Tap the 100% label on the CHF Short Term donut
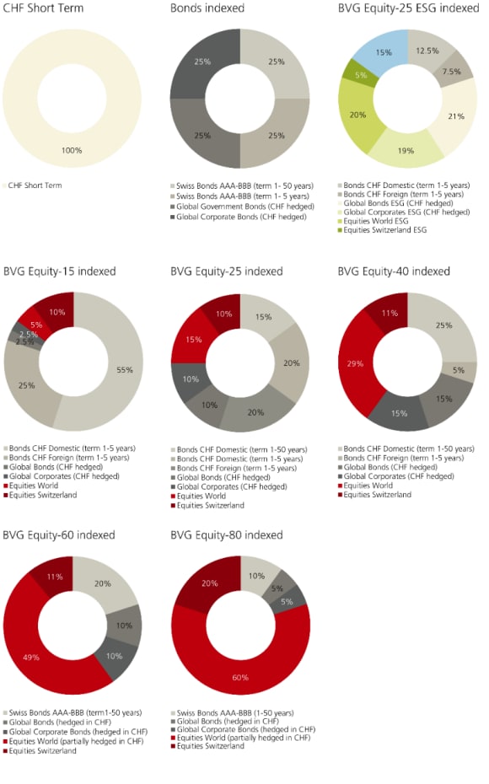(x=71, y=150)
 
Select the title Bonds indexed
(x=207, y=8)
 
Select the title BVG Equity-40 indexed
(x=394, y=271)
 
